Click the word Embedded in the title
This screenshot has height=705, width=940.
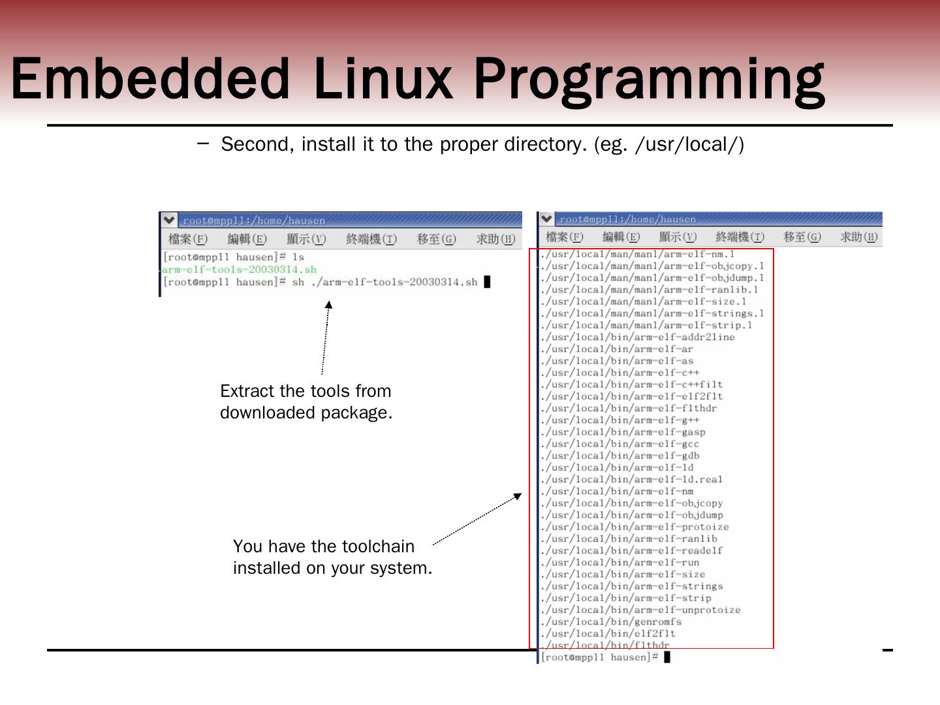[150, 78]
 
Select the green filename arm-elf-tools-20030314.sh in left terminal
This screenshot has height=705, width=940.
[240, 270]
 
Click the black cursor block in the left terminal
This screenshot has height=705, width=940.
[487, 282]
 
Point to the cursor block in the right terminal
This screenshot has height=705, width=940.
[667, 657]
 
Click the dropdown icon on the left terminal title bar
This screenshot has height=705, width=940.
[169, 220]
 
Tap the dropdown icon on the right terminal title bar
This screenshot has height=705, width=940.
[546, 219]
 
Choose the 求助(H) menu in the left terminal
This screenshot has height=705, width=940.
[495, 239]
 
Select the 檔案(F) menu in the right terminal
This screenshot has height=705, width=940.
[565, 237]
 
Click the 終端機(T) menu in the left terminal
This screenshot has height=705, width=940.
[371, 239]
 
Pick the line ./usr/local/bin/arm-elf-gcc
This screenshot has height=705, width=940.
[620, 444]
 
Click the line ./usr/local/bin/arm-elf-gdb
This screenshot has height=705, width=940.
[620, 456]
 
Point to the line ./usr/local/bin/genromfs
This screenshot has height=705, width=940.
[612, 621]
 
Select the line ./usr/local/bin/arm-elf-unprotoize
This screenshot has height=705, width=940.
[641, 610]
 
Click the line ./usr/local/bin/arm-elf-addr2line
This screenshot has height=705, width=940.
[638, 337]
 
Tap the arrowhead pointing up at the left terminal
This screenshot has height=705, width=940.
[328, 304]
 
